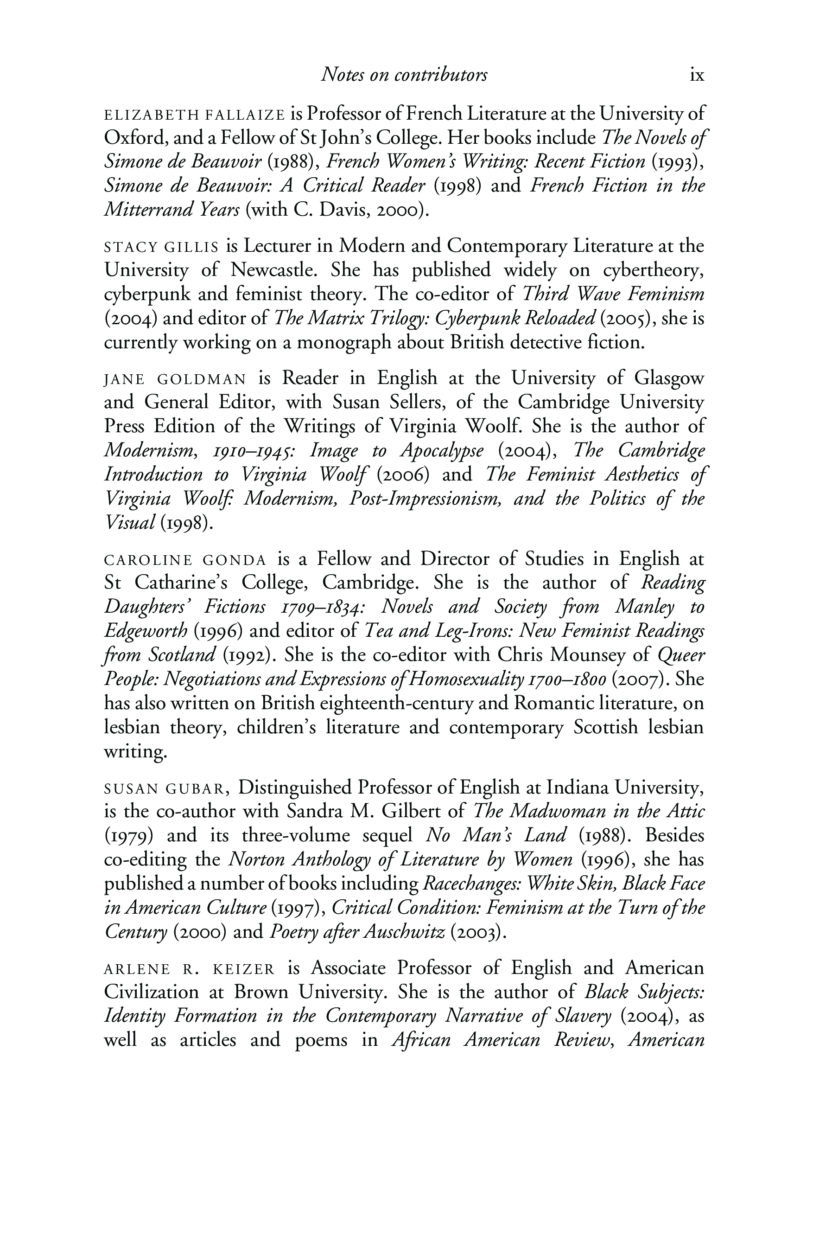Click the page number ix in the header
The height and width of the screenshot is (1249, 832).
click(x=697, y=76)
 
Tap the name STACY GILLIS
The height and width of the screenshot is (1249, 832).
click(x=161, y=247)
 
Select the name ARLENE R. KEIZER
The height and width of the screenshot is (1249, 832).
click(x=190, y=969)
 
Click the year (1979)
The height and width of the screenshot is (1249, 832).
click(x=129, y=836)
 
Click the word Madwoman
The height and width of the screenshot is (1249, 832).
click(x=562, y=812)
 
